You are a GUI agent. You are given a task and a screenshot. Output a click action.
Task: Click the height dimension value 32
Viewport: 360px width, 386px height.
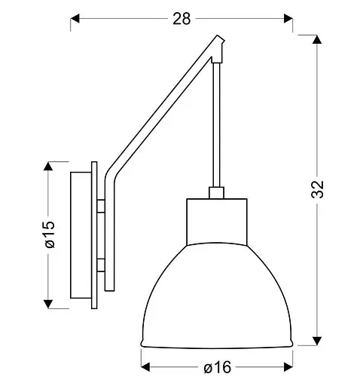click(319, 190)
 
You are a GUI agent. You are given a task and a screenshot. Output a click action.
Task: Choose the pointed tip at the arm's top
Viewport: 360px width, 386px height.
click(220, 44)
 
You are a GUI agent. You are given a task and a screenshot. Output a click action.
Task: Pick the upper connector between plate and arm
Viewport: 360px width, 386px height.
click(102, 205)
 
